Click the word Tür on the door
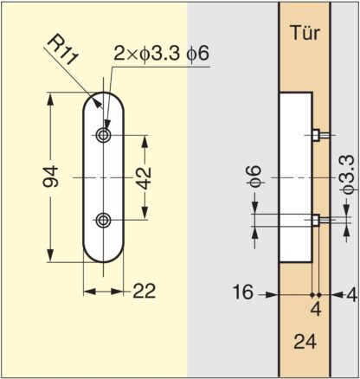[305, 33]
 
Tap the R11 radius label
[62, 51]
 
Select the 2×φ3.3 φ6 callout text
[161, 54]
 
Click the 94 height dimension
[50, 177]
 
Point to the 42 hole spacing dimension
[145, 178]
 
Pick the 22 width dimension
[145, 291]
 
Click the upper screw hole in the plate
[103, 135]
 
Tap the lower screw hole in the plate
[103, 220]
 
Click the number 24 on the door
[305, 342]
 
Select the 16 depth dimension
[243, 292]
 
